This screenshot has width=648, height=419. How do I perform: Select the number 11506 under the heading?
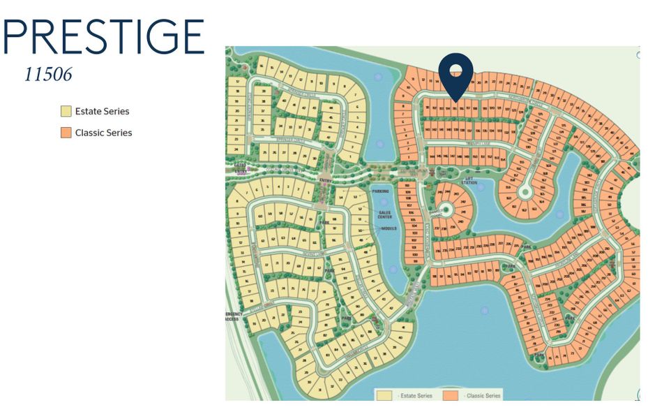point(48,75)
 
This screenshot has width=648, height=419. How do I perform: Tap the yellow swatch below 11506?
point(66,111)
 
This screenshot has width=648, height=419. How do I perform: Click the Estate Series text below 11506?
point(102,111)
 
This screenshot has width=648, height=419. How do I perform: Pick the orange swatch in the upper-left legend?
point(66,133)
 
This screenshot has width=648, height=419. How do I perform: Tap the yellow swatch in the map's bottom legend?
point(384,396)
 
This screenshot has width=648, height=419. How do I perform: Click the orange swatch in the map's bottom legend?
point(451,396)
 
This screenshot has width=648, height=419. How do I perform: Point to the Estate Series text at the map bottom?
point(416,396)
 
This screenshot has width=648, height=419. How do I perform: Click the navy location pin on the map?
point(455,77)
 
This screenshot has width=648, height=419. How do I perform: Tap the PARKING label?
point(380,191)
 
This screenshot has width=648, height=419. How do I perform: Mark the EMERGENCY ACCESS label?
point(233,316)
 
